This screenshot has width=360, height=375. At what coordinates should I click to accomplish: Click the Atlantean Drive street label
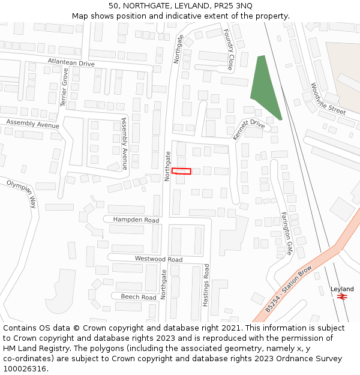pyautogui.click(x=71, y=62)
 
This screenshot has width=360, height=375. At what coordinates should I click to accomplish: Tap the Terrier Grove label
pyautogui.click(x=64, y=87)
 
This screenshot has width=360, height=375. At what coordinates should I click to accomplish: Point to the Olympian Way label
pyautogui.click(x=22, y=193)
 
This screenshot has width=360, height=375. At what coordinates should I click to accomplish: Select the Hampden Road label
pyautogui.click(x=136, y=220)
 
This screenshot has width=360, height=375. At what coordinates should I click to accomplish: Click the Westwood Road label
pyautogui.click(x=158, y=259)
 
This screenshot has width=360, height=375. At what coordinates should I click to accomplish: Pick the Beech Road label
pyautogui.click(x=139, y=297)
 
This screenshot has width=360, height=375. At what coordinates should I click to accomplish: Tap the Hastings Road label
pyautogui.click(x=206, y=286)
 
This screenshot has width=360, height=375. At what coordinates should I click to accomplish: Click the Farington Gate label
pyautogui.click(x=285, y=233)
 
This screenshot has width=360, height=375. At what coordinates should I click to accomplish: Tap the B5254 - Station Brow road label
pyautogui.click(x=289, y=289)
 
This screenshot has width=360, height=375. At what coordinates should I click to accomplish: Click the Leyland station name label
pyautogui.click(x=342, y=289)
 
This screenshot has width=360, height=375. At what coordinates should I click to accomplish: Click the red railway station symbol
pyautogui.click(x=343, y=297)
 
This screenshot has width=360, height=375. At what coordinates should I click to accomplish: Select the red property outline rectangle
pyautogui.click(x=181, y=171)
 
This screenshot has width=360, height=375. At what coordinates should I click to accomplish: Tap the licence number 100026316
pyautogui.click(x=24, y=368)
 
